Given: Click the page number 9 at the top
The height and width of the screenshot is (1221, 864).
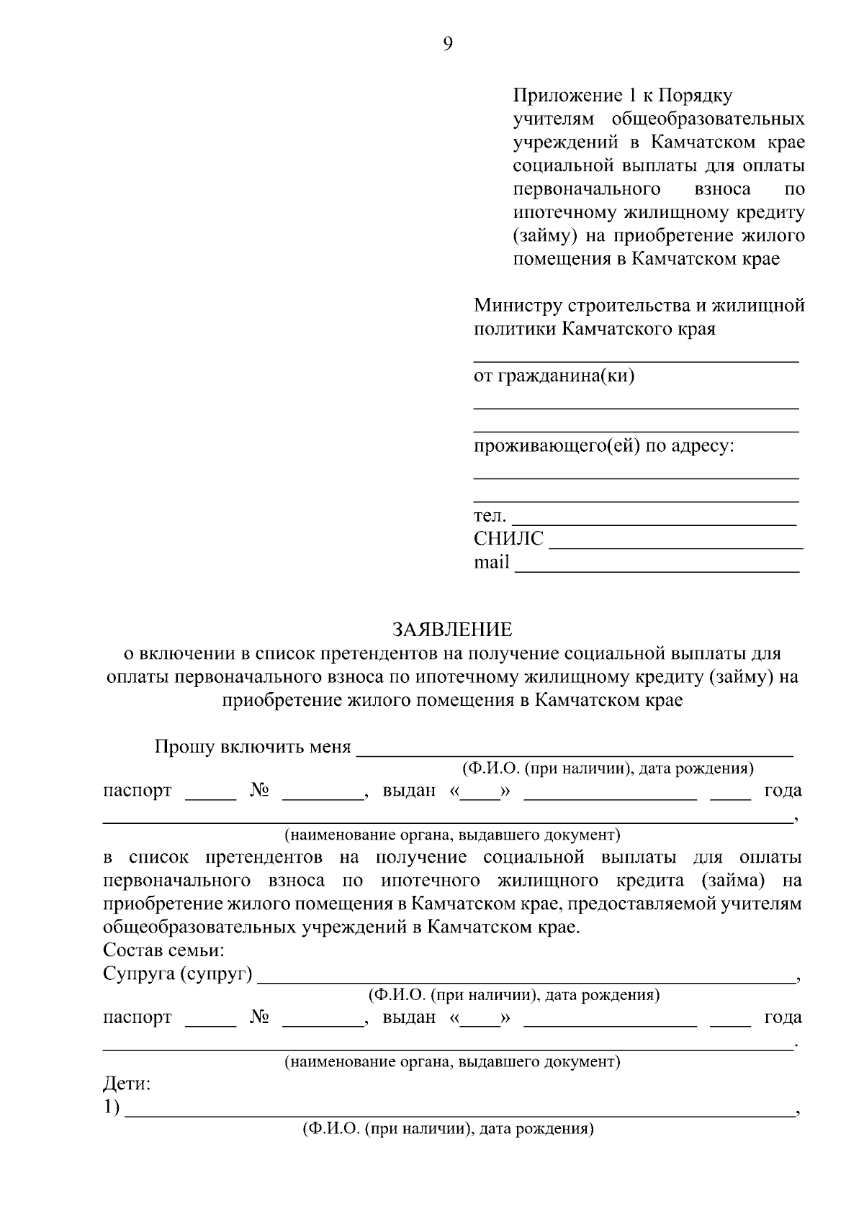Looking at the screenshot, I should click(x=448, y=45).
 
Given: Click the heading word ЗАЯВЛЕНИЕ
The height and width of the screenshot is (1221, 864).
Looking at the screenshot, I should click(x=452, y=630).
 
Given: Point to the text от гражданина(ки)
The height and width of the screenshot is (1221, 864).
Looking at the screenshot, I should click(x=554, y=376).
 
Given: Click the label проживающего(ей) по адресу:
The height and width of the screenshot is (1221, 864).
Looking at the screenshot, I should click(x=603, y=446).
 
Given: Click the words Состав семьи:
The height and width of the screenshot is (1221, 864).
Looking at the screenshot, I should click(x=163, y=951).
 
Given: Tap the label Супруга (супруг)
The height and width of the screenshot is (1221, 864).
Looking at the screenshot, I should click(x=177, y=975).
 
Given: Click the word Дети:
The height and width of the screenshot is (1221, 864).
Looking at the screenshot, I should click(x=127, y=1084).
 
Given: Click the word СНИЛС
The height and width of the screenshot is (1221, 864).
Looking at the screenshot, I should click(x=508, y=539).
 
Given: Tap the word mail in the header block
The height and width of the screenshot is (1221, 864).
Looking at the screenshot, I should click(x=491, y=562).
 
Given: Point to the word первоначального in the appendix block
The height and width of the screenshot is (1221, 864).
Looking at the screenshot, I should click(x=586, y=189).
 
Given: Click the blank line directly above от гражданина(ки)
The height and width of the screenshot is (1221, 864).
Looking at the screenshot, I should click(x=635, y=360).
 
